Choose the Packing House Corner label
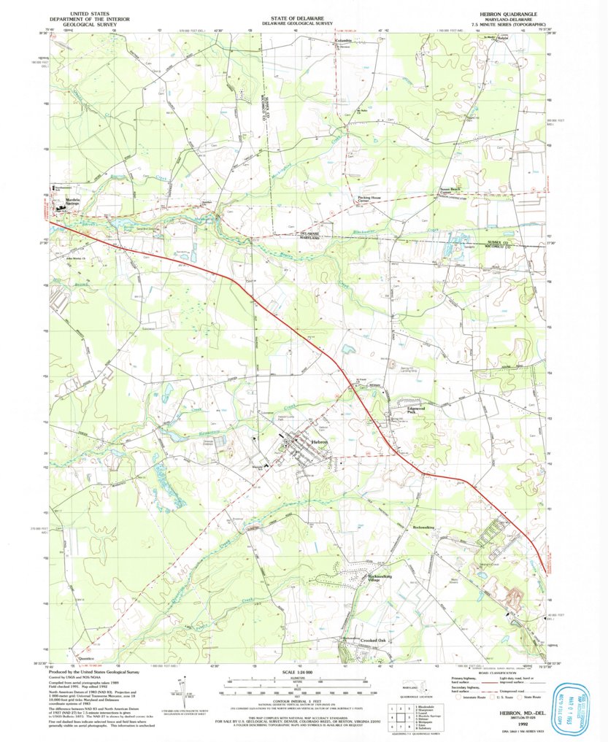point(371,199)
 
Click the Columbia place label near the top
point(344,41)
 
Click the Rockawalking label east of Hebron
point(423,526)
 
